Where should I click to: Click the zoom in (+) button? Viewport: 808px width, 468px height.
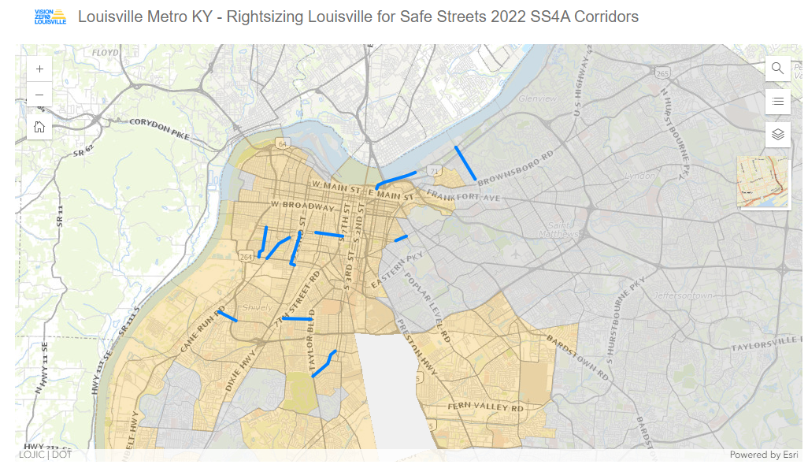pos(39,69)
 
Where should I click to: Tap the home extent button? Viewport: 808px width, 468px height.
pos(39,126)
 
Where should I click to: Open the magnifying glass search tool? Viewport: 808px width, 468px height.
pos(777,69)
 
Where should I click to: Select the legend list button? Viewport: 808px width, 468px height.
pos(777,101)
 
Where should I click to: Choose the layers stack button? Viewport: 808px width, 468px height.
pos(777,134)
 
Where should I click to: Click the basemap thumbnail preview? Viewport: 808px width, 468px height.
pos(762,182)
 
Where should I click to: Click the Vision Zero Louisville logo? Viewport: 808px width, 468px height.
pos(50,17)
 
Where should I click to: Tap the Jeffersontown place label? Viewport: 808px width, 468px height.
pos(682,295)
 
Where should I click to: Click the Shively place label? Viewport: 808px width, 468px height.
pos(257,307)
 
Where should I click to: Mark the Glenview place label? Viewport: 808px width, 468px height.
pos(538,98)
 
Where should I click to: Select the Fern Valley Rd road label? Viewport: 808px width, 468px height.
pos(486,407)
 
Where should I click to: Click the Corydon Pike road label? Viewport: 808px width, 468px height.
pos(160,128)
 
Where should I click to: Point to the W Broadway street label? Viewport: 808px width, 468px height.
pos(302,205)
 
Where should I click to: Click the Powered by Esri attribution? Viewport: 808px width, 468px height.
pos(763,455)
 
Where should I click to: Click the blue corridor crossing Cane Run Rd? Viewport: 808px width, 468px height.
pos(228,316)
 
